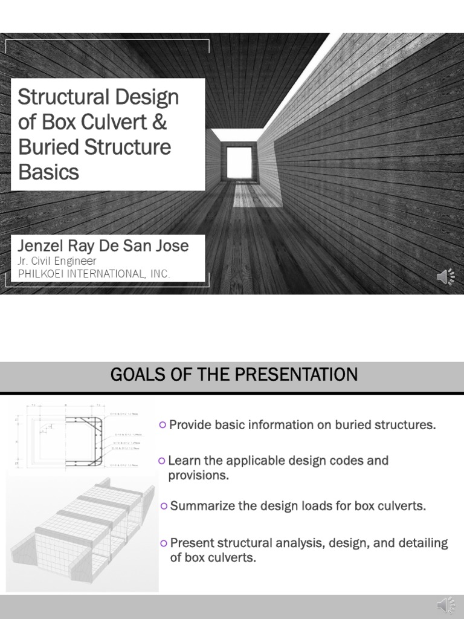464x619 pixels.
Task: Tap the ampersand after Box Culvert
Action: (160, 122)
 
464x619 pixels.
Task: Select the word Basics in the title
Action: (48, 172)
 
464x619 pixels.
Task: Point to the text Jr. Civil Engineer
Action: (57, 261)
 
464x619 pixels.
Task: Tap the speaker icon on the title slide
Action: (446, 276)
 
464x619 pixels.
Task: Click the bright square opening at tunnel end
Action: (238, 162)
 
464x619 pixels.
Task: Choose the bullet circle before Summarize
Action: (164, 506)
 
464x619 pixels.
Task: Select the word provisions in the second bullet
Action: (198, 476)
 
